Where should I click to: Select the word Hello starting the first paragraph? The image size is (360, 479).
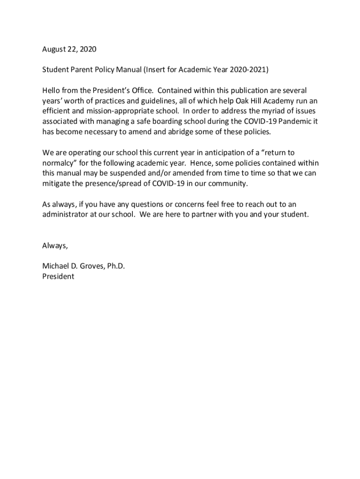[52, 90]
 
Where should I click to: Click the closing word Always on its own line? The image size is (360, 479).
[55, 246]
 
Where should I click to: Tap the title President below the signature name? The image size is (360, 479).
[58, 276]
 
